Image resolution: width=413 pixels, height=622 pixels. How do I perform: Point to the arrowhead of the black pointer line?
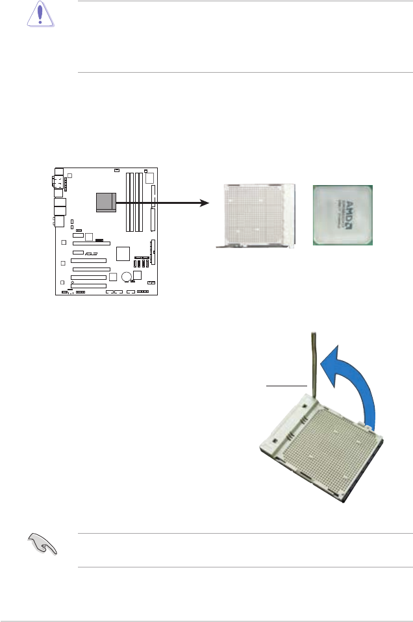(x=206, y=203)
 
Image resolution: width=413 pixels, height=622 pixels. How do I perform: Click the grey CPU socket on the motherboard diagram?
(x=105, y=202)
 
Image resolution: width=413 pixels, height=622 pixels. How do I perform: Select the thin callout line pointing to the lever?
(x=286, y=385)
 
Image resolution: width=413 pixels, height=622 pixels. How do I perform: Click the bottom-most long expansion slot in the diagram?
(x=89, y=285)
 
